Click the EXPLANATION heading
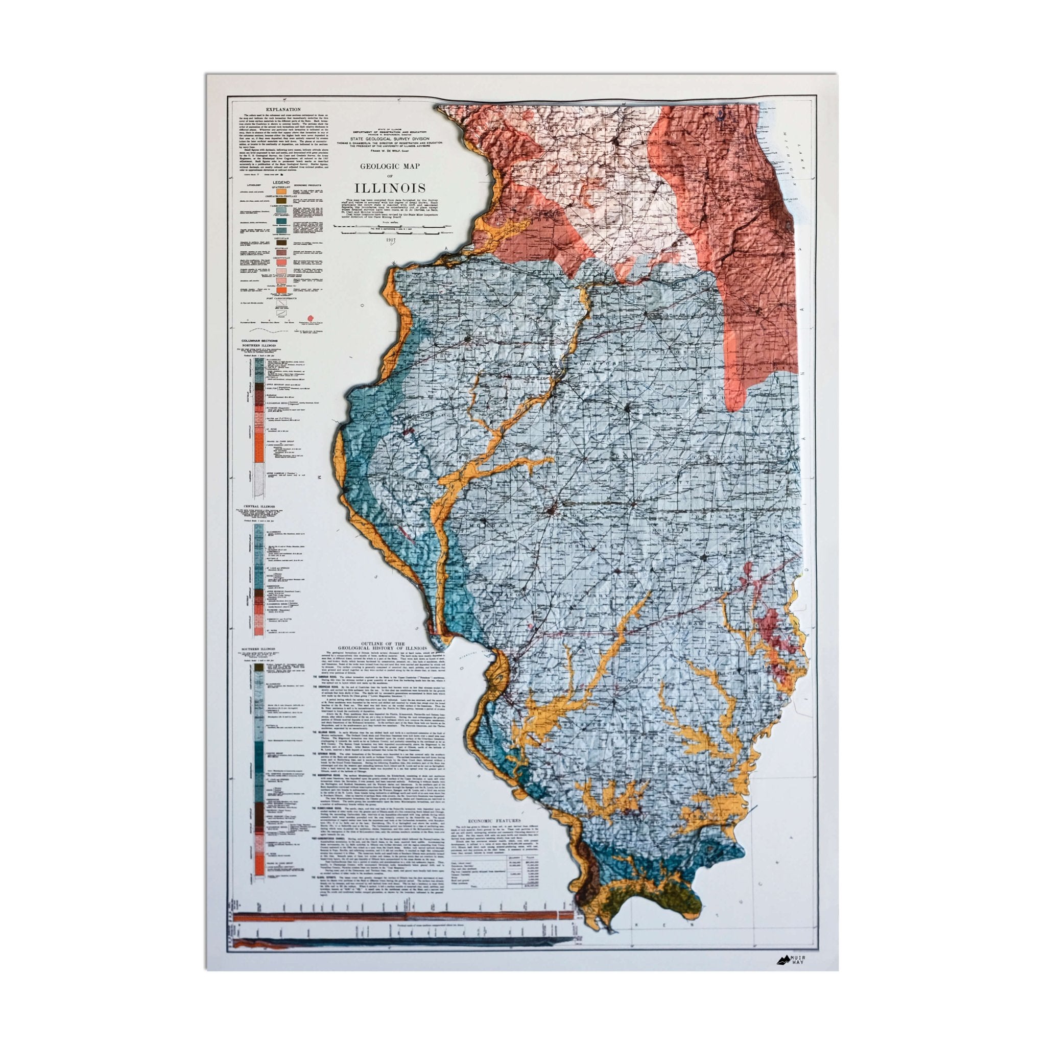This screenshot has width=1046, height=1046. [x=280, y=109]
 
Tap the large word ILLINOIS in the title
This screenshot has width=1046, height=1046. [x=390, y=188]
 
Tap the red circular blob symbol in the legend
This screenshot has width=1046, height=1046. [x=311, y=317]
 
